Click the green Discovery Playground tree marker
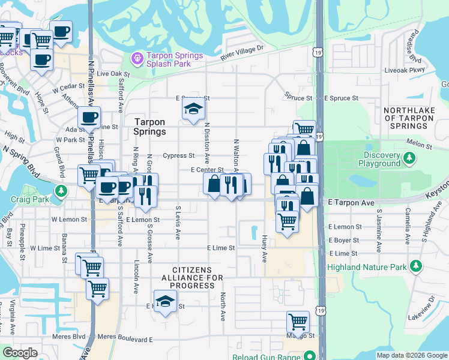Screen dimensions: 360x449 [x=410, y=158]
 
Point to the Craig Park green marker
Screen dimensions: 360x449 [x=61, y=191]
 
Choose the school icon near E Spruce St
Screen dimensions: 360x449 [x=194, y=109]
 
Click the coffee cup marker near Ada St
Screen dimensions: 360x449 [x=89, y=118]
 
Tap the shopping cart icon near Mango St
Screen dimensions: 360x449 [x=298, y=321]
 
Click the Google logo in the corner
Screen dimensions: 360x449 [x=20, y=353]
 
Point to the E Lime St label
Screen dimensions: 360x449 [x=221, y=247]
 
